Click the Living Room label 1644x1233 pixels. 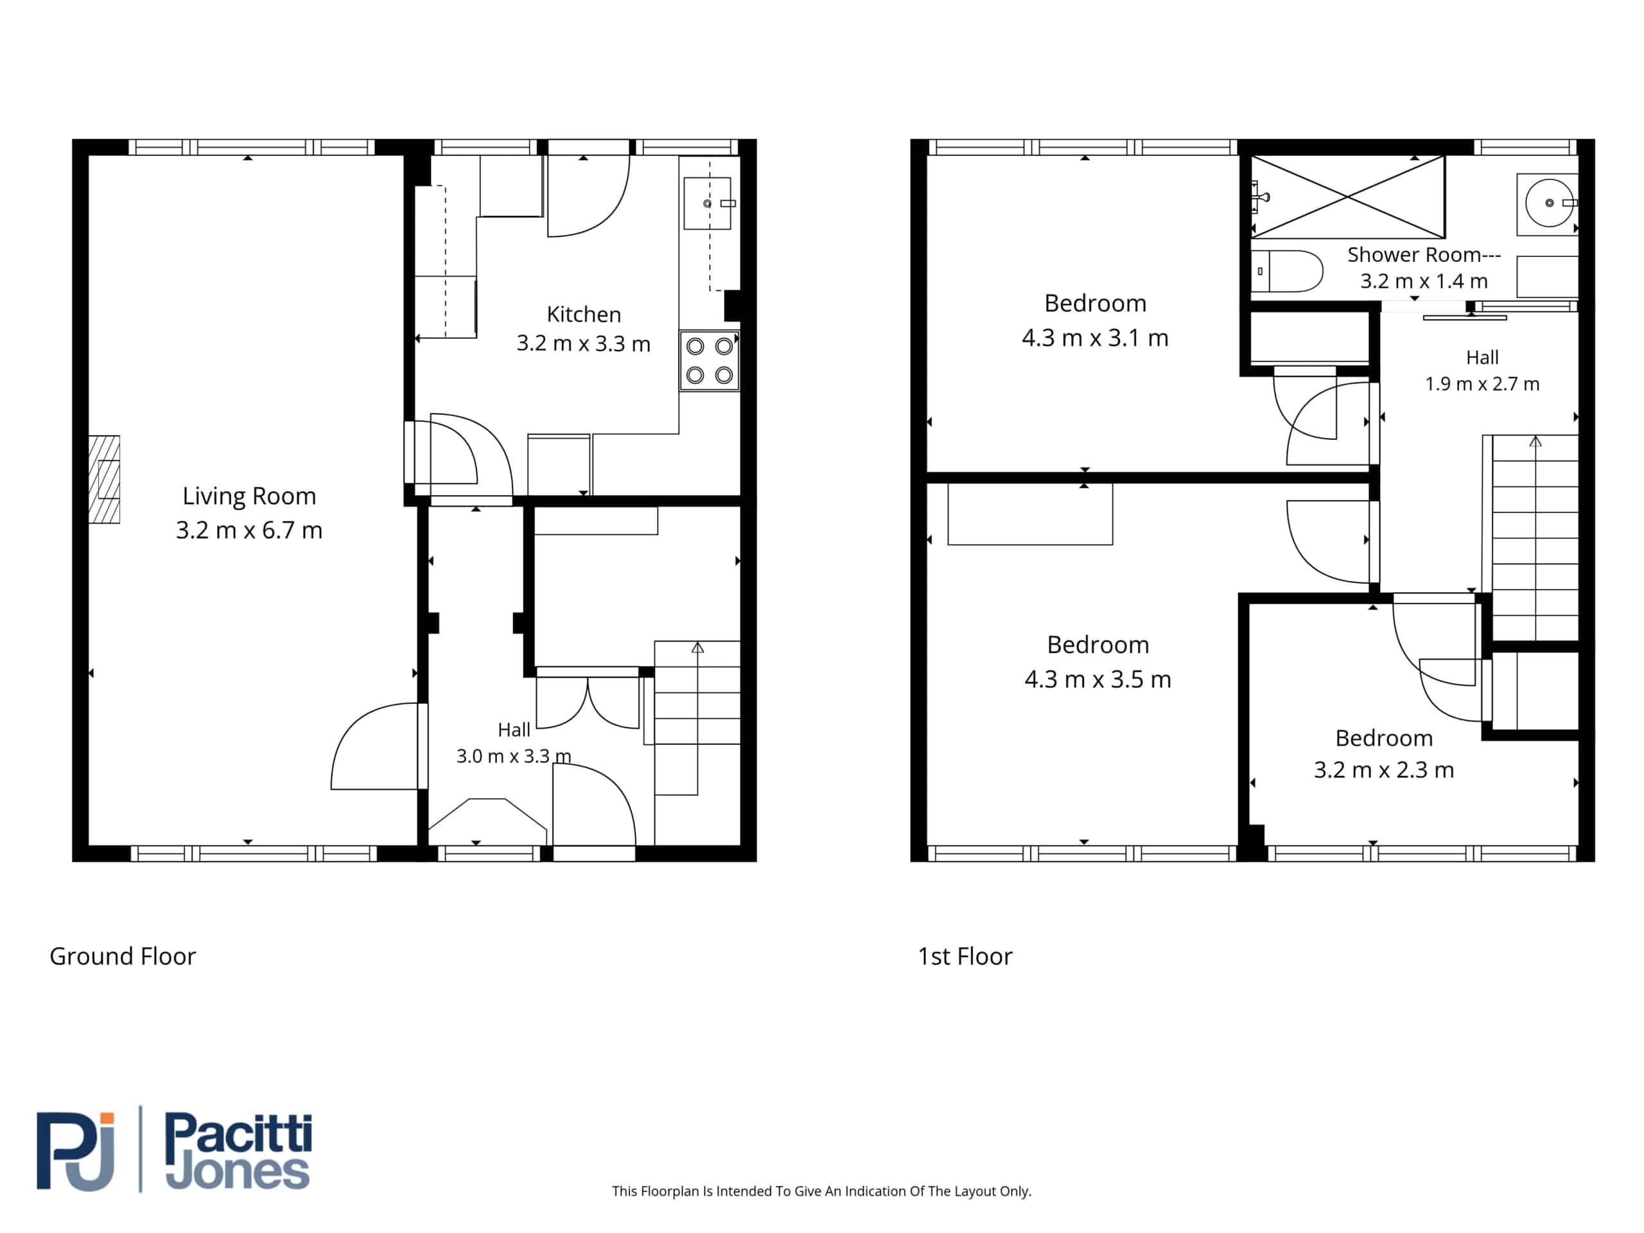coord(249,496)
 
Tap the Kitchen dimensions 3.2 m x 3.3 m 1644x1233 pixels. coord(583,344)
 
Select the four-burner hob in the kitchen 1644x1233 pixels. coord(709,360)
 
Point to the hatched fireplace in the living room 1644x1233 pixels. coord(104,479)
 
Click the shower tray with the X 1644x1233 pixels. coord(1347,197)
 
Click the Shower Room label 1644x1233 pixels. coord(1423,255)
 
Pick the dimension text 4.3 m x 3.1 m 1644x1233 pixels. coord(1095,338)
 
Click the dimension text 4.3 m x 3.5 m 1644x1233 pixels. coord(1097,679)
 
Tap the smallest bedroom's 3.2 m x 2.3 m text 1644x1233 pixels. coord(1384,770)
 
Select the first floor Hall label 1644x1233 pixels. coord(1482,358)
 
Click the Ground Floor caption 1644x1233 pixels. coord(123,956)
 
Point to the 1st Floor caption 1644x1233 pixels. coord(965,956)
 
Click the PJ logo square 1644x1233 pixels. coord(76,1151)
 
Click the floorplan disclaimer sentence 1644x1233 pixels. coord(821,1191)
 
